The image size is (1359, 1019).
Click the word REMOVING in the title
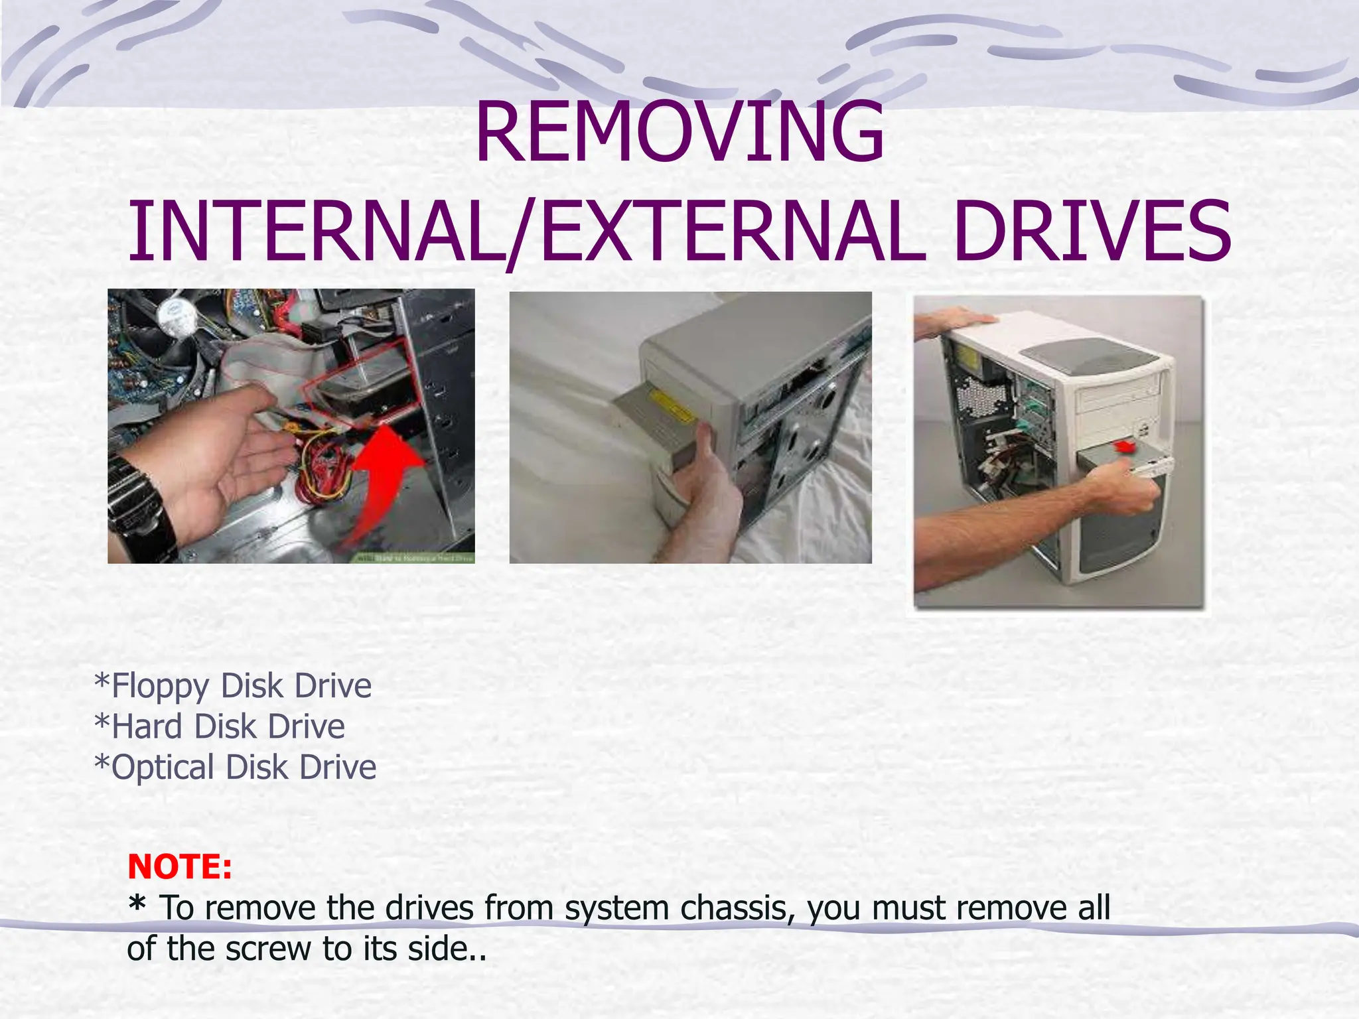(679, 133)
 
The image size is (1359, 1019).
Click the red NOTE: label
(179, 866)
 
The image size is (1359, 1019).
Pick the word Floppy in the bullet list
(160, 687)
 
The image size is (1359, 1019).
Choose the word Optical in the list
(162, 768)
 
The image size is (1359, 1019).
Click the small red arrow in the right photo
(1122, 446)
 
